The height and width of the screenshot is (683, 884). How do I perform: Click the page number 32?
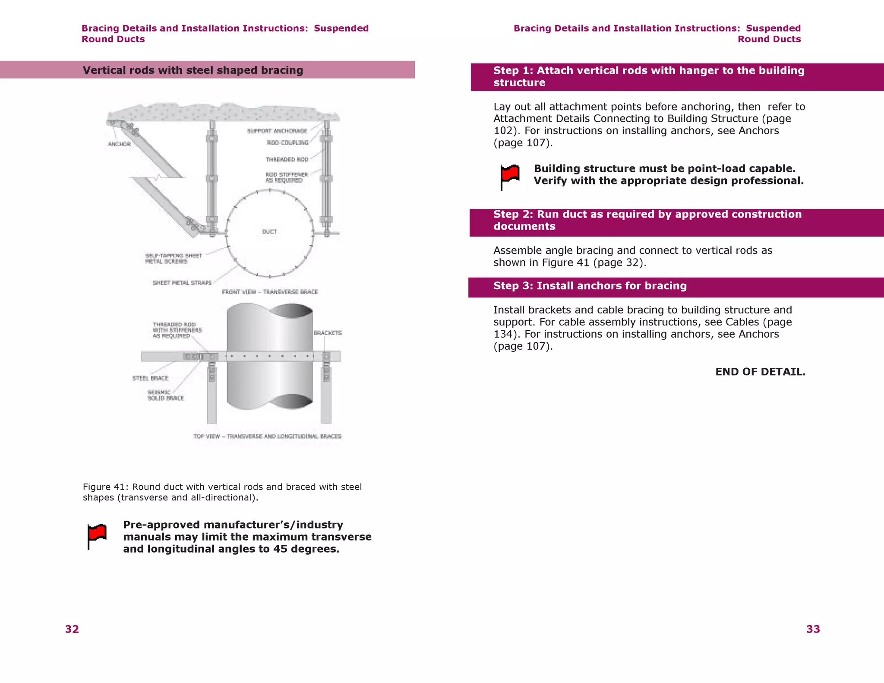pyautogui.click(x=72, y=629)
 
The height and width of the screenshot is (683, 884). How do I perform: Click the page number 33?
pyautogui.click(x=813, y=629)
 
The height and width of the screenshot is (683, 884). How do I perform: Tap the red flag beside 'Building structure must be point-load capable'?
pyautogui.click(x=510, y=176)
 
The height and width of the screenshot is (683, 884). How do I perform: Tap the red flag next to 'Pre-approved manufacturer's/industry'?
pyautogui.click(x=97, y=536)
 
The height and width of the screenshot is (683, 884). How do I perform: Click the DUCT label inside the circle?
pyautogui.click(x=269, y=231)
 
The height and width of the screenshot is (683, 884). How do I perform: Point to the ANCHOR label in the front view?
pyautogui.click(x=119, y=144)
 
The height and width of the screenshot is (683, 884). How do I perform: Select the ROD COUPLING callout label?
pyautogui.click(x=287, y=142)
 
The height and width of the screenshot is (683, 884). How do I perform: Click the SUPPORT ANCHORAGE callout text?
pyautogui.click(x=277, y=131)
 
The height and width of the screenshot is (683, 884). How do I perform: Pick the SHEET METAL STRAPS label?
pyautogui.click(x=182, y=283)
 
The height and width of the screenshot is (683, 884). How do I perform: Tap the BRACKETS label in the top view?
pyautogui.click(x=328, y=333)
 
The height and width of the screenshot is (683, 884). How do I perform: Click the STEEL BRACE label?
pyautogui.click(x=150, y=378)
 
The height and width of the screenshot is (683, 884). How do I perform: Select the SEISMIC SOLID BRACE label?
pyautogui.click(x=165, y=395)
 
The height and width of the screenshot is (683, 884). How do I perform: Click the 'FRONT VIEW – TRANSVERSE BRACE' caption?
pyautogui.click(x=270, y=292)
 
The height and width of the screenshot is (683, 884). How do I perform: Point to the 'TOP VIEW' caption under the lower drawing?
pyautogui.click(x=267, y=436)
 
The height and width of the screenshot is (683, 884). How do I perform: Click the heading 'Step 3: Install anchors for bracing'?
pyautogui.click(x=590, y=286)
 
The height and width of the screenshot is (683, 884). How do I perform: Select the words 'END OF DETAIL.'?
pyautogui.click(x=760, y=372)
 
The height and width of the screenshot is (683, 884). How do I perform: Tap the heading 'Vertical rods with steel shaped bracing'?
pyautogui.click(x=193, y=70)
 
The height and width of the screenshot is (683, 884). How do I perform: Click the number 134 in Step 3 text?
pyautogui.click(x=503, y=334)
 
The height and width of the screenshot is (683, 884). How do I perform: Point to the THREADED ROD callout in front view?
pyautogui.click(x=287, y=159)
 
